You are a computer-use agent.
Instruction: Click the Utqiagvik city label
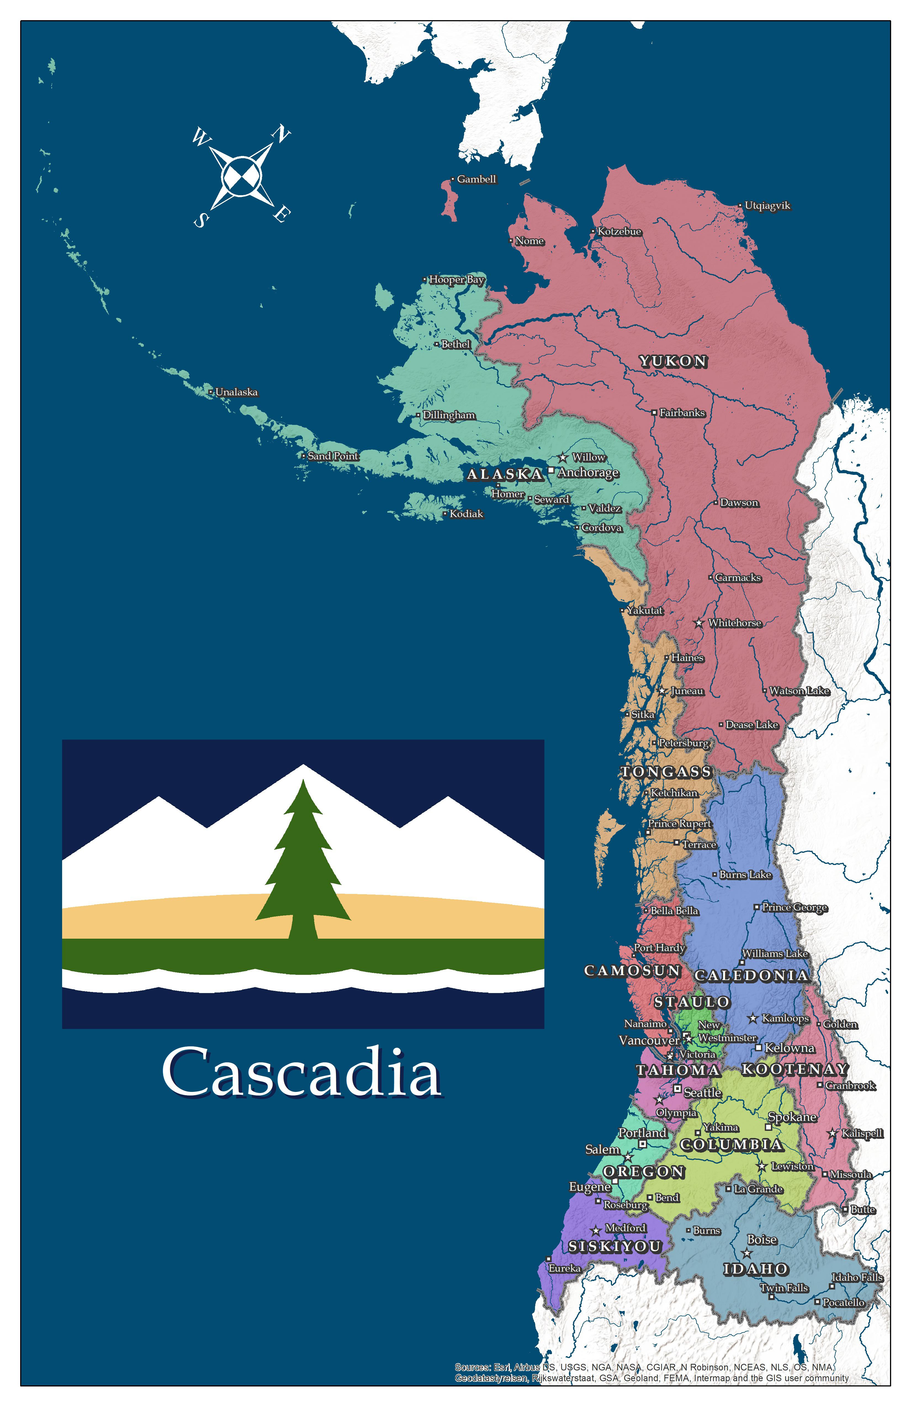(x=767, y=206)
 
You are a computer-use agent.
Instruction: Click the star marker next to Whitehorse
(x=699, y=623)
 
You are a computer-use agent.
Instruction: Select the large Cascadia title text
(x=302, y=1071)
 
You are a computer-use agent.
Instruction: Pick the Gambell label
(x=476, y=179)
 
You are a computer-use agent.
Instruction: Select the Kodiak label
(x=466, y=514)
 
